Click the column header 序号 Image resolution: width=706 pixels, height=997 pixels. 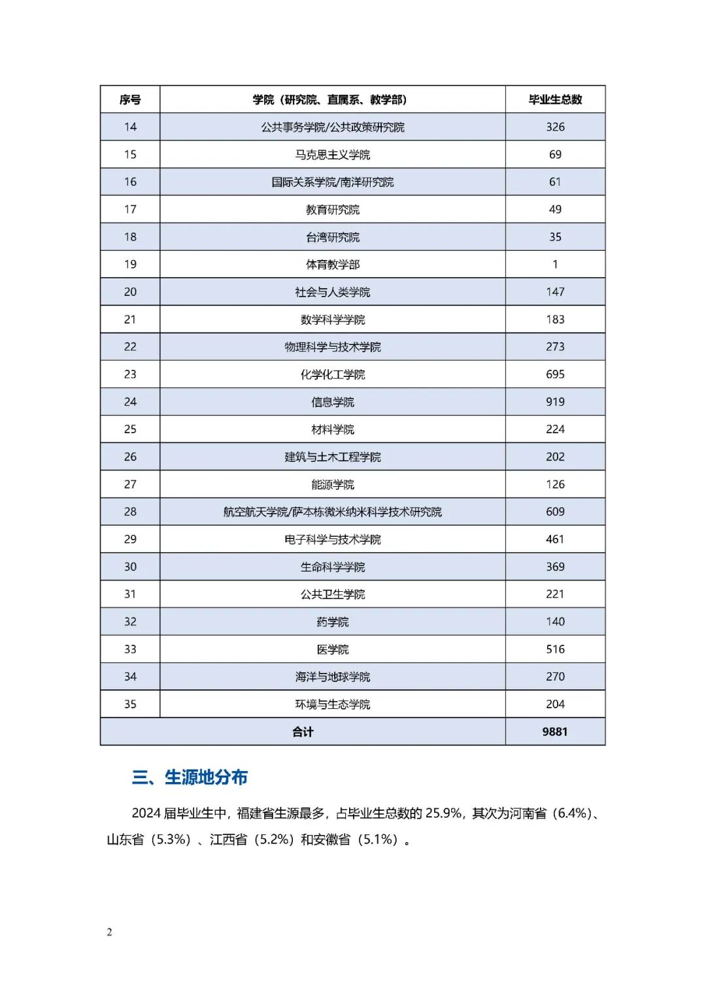click(x=130, y=99)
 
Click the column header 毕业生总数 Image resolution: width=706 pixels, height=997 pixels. click(x=555, y=99)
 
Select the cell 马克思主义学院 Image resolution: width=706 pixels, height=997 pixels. click(x=332, y=155)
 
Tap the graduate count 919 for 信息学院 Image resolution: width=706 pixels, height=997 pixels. click(x=555, y=402)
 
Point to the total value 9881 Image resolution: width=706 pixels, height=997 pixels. click(x=555, y=732)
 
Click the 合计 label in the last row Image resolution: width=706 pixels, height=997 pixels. click(x=303, y=732)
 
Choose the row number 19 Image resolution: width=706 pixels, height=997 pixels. click(x=130, y=265)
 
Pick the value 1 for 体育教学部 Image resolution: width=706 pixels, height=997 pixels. click(x=555, y=265)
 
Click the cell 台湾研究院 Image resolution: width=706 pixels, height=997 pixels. click(x=332, y=237)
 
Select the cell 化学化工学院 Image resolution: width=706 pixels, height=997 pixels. click(x=332, y=374)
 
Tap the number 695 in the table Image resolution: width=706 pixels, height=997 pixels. click(x=555, y=374)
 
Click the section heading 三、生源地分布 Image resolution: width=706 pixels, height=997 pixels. click(x=190, y=777)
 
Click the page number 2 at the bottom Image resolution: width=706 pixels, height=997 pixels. click(x=109, y=932)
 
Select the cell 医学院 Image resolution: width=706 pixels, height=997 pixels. click(x=332, y=649)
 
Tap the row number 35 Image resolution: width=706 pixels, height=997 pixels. click(x=130, y=704)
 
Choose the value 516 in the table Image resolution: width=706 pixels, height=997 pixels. click(x=555, y=649)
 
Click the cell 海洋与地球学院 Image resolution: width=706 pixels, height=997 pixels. click(x=332, y=677)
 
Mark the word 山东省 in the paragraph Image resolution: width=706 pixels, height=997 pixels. click(x=126, y=840)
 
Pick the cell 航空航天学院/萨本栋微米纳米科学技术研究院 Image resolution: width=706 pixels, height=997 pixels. click(x=332, y=512)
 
